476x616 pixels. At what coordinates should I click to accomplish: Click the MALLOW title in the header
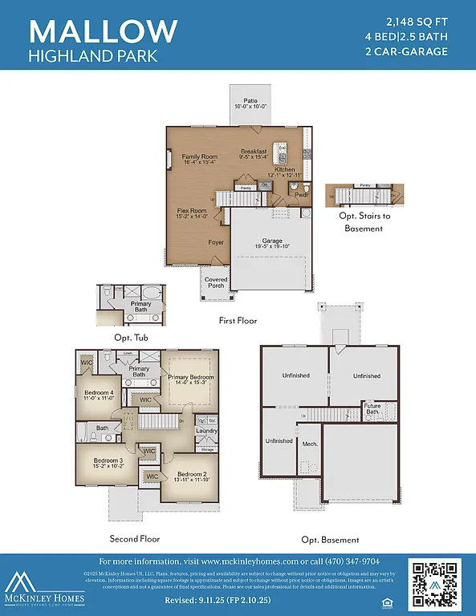point(103,30)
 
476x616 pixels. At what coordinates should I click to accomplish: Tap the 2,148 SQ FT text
point(417,20)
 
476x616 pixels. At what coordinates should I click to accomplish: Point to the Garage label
point(272,242)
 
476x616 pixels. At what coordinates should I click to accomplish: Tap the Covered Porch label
point(216,283)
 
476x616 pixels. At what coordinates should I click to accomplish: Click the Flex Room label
point(193,213)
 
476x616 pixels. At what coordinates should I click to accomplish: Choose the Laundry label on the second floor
point(206,431)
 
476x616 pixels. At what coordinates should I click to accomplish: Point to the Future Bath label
point(373,409)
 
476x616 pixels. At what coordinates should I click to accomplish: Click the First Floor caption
point(238,321)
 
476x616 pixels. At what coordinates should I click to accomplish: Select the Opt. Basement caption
point(330,540)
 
